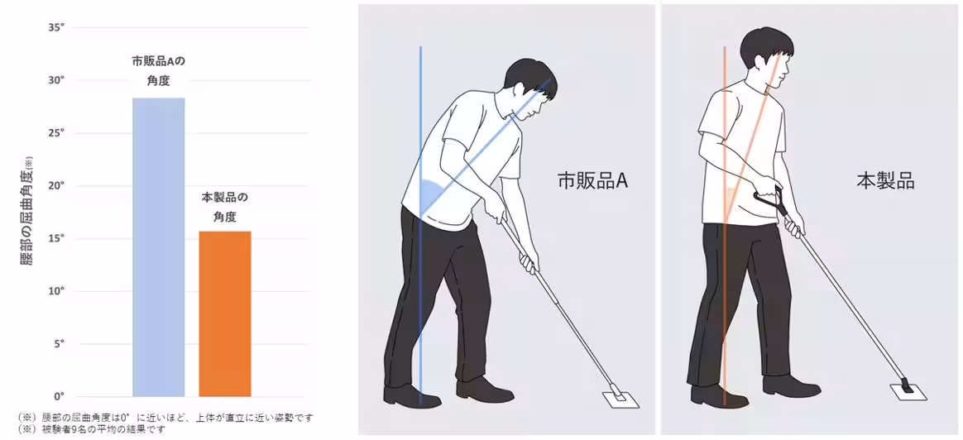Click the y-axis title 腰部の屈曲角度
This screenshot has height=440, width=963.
[x=26, y=211]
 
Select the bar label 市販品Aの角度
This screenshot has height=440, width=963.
[x=158, y=71]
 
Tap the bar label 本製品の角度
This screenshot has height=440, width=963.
[x=224, y=208]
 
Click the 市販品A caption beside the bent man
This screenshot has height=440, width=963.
[x=592, y=181]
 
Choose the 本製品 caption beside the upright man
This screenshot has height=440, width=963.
[x=884, y=181]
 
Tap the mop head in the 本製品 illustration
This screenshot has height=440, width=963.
[x=908, y=389]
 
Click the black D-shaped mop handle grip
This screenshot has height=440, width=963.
[x=767, y=200]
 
